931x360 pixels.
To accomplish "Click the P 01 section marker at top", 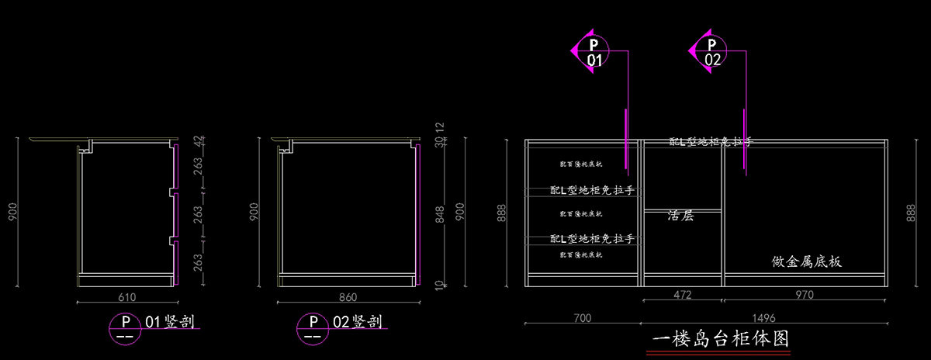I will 594,52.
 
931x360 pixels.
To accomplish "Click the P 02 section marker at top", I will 711,52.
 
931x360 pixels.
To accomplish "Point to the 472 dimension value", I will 683,295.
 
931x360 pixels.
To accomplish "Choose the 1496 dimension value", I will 764,318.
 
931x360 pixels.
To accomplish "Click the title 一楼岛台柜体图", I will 720,339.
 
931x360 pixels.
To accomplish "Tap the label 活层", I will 680,216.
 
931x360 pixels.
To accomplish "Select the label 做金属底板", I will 807,262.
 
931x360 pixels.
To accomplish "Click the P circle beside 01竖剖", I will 122,327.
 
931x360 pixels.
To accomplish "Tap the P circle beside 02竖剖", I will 313,327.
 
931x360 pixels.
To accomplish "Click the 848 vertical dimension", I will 440,213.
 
